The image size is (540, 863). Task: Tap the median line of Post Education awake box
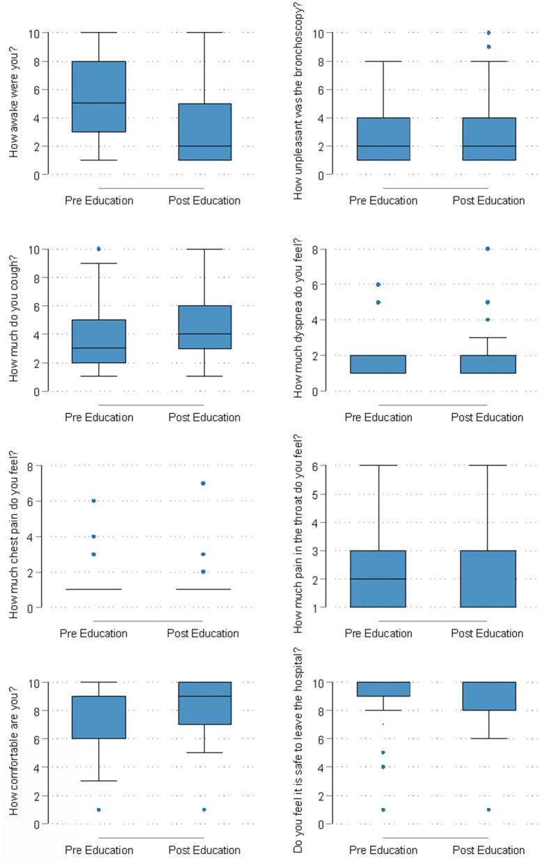pyautogui.click(x=204, y=146)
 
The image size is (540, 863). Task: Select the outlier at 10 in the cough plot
pyautogui.click(x=99, y=249)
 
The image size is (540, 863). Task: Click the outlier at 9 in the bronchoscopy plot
pyautogui.click(x=488, y=47)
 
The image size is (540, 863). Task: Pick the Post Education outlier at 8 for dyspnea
pyautogui.click(x=488, y=249)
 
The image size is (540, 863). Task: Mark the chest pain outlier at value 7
pyautogui.click(x=203, y=483)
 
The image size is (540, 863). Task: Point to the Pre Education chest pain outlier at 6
pyautogui.click(x=93, y=501)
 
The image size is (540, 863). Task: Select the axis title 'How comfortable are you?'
pyautogui.click(x=15, y=752)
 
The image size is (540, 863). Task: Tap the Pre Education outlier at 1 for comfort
pyautogui.click(x=99, y=809)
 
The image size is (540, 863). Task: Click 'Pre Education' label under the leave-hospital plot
pyautogui.click(x=383, y=850)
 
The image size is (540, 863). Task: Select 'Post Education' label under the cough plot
pyautogui.click(x=204, y=417)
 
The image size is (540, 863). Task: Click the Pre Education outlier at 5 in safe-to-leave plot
pyautogui.click(x=383, y=752)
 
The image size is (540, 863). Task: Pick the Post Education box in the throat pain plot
pyautogui.click(x=488, y=579)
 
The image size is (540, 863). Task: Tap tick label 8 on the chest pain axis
pyautogui.click(x=30, y=465)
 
